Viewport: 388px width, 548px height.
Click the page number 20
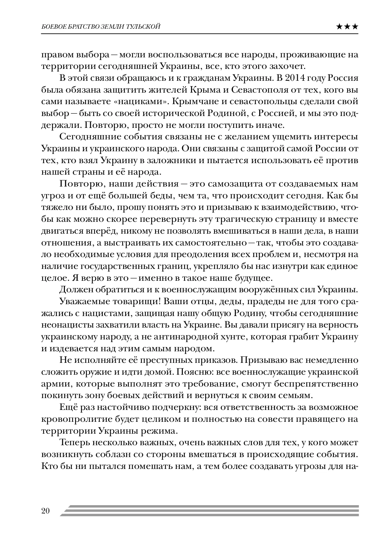tap(45, 510)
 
